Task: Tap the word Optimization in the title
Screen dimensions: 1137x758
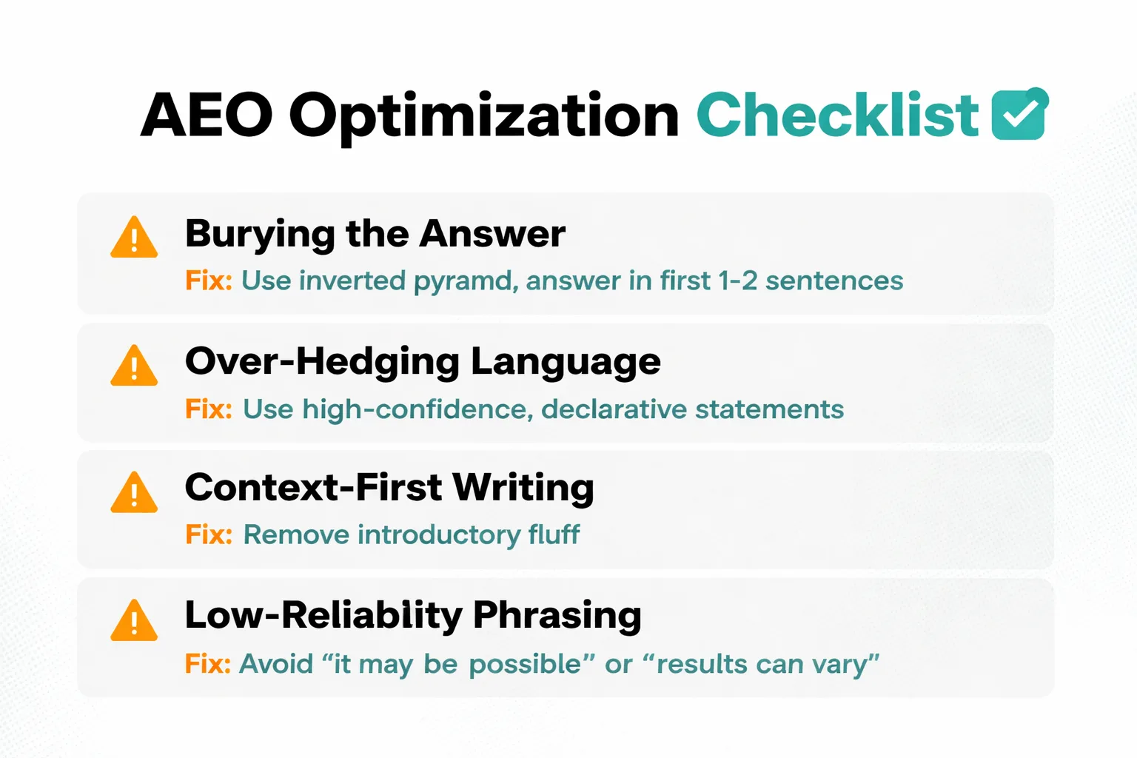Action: coord(483,118)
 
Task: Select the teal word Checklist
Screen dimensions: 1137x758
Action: coord(837,115)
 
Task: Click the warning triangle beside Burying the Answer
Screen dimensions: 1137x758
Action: coord(134,238)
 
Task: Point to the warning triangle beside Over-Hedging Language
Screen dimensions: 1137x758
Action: coord(134,366)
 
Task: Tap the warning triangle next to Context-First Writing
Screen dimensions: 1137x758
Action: coord(134,492)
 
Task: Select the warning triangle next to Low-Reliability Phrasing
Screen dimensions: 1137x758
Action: coord(134,620)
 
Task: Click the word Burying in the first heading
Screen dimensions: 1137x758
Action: coord(260,235)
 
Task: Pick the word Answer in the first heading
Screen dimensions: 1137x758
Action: coord(492,234)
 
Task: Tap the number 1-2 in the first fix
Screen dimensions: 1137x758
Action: coord(738,281)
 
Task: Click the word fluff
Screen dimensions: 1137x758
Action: coord(554,534)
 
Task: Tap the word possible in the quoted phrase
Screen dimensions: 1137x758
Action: coord(526,665)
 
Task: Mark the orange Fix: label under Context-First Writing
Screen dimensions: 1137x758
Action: coord(209,534)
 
